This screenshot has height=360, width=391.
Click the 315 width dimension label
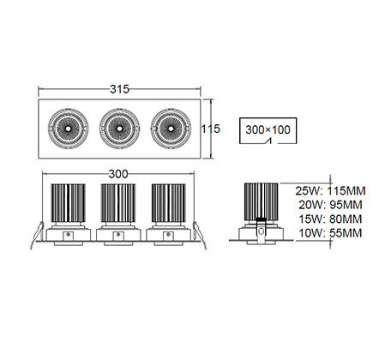(x=119, y=89)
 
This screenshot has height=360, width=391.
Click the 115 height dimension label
(x=211, y=129)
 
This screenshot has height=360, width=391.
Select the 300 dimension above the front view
(x=118, y=174)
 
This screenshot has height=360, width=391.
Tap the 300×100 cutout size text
(x=268, y=129)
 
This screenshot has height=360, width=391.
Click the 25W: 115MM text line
(x=330, y=191)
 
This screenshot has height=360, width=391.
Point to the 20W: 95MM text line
(x=330, y=205)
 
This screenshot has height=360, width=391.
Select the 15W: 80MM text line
(x=330, y=219)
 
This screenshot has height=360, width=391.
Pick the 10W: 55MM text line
(x=330, y=233)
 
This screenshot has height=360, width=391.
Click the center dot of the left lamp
(x=69, y=129)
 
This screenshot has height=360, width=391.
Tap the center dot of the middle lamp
(x=119, y=129)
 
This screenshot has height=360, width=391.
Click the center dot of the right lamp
(x=171, y=129)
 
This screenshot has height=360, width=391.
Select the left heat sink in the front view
(x=69, y=203)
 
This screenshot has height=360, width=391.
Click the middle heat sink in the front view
(x=118, y=203)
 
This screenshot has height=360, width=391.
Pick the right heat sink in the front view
(x=169, y=203)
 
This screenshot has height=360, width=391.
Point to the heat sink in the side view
(x=261, y=201)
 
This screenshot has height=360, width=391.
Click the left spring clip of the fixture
(x=37, y=236)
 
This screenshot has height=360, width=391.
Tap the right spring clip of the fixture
(x=200, y=236)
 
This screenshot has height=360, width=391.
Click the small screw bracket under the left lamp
(x=68, y=236)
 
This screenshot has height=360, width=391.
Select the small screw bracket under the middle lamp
(x=118, y=236)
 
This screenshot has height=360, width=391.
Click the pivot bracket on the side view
(x=261, y=231)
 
